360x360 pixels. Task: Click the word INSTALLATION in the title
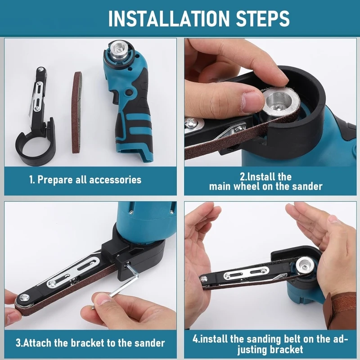click(169, 18)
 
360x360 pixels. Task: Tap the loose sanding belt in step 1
click(77, 112)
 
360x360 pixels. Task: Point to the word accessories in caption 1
click(115, 180)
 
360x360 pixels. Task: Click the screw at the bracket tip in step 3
click(24, 298)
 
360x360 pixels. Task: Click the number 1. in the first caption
click(32, 180)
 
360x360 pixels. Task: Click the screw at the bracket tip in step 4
click(203, 279)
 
